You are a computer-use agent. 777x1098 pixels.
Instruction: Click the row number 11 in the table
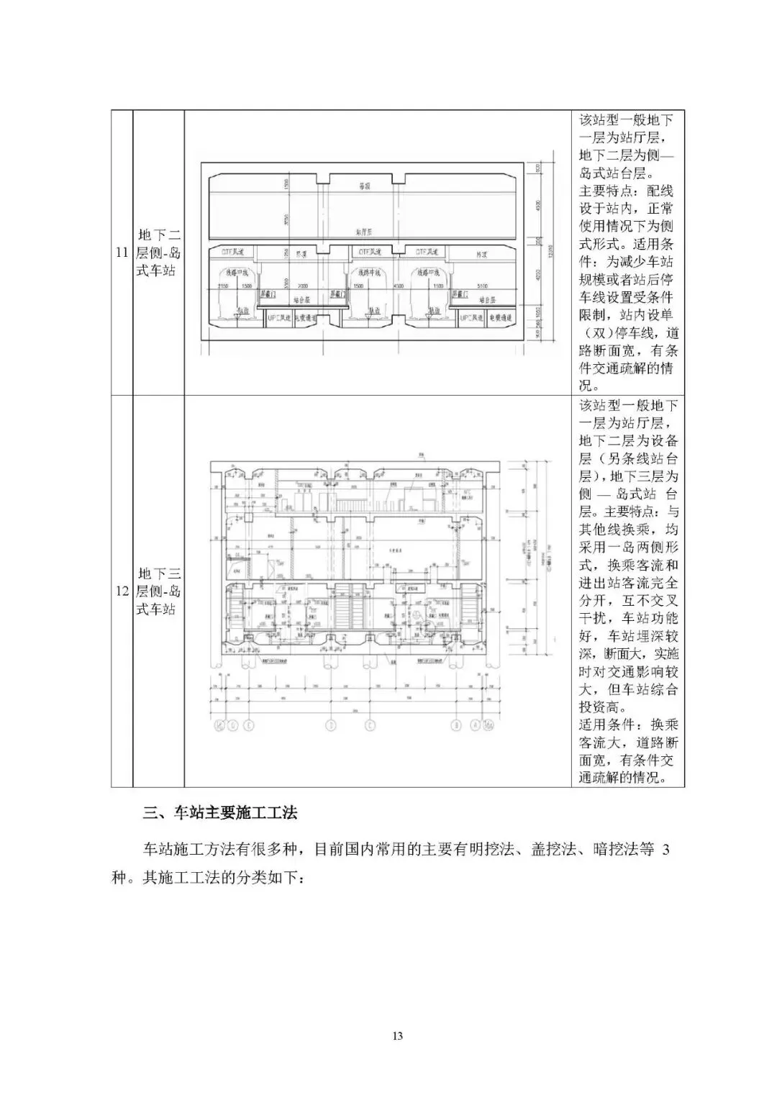[x=122, y=253]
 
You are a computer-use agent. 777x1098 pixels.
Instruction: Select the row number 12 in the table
[x=122, y=591]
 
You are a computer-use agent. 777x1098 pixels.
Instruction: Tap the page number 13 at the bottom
[x=397, y=1035]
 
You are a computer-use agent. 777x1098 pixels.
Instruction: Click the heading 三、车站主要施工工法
[x=220, y=814]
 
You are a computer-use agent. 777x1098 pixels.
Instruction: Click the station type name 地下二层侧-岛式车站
[x=159, y=253]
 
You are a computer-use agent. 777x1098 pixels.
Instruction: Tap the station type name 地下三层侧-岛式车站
[x=159, y=591]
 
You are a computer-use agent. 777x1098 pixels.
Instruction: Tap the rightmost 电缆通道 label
[x=500, y=317]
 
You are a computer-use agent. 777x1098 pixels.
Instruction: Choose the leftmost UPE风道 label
[x=278, y=317]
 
